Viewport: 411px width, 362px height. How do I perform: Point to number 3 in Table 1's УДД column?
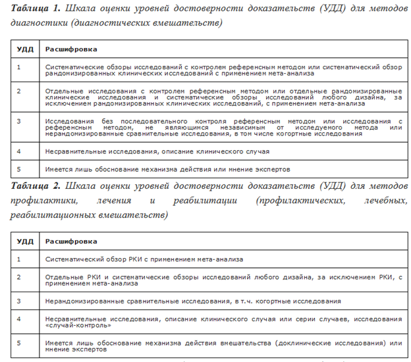click(x=18, y=122)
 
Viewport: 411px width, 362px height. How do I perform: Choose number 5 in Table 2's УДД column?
click(x=18, y=342)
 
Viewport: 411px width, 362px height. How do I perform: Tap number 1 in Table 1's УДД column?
click(x=18, y=67)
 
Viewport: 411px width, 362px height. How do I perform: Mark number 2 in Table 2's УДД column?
click(x=18, y=278)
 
